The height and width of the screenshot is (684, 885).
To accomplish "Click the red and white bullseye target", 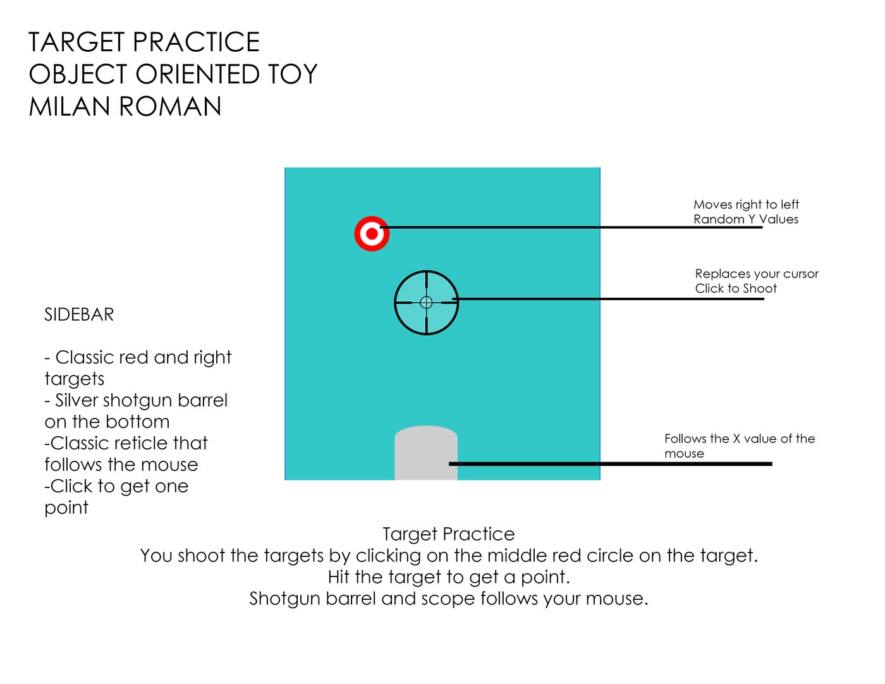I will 372,234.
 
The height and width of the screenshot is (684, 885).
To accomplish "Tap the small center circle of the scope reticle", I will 426,303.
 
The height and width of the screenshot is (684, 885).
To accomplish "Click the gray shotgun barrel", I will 426,453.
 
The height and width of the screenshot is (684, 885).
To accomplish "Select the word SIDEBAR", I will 79,315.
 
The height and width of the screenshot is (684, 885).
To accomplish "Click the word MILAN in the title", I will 70,106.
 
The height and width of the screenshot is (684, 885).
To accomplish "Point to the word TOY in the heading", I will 292,75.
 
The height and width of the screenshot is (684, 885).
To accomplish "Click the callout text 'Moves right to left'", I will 746,205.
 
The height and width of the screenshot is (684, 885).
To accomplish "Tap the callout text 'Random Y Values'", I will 746,219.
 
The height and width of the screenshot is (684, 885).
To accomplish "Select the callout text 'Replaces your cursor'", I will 757,274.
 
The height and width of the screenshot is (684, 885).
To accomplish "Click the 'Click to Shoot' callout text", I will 736,289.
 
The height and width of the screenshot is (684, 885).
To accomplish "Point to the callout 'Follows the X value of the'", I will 740,439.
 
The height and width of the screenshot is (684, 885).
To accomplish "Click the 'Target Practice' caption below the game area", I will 449,534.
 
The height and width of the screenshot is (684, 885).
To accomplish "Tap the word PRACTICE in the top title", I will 197,42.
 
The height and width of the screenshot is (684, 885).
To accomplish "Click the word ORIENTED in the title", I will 197,75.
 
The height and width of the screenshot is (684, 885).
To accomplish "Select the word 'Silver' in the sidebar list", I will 76,400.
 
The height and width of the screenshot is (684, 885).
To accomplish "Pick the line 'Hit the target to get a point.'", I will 449,577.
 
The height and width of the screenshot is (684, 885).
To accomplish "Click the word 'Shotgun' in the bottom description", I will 284,599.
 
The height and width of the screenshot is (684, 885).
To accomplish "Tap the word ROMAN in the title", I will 170,106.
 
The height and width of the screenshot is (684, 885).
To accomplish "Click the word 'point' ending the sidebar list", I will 66,508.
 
